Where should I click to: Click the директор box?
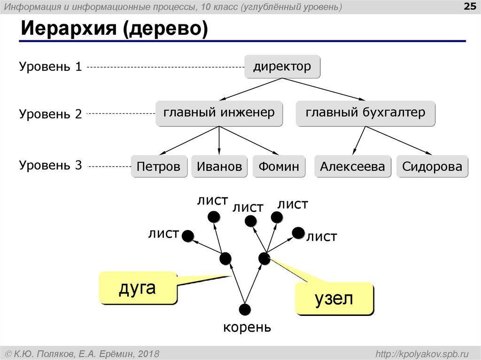tap(282, 67)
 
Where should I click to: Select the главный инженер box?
tap(219, 113)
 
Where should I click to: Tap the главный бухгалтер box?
tap(365, 113)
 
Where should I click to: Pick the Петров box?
tap(158, 167)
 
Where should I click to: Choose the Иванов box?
tap(219, 167)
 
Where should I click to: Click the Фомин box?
tap(279, 167)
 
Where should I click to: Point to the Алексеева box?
tap(352, 167)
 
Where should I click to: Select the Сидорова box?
tap(432, 167)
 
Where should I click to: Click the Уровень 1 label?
tap(51, 67)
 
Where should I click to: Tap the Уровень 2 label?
tap(51, 114)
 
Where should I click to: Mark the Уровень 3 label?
tap(51, 165)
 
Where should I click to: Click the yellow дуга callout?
tap(137, 287)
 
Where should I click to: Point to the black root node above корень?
tap(245, 309)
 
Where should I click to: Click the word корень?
tap(247, 327)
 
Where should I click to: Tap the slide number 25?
tap(470, 7)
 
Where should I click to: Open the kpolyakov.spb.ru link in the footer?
tap(423, 353)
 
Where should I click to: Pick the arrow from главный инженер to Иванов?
tap(219, 140)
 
